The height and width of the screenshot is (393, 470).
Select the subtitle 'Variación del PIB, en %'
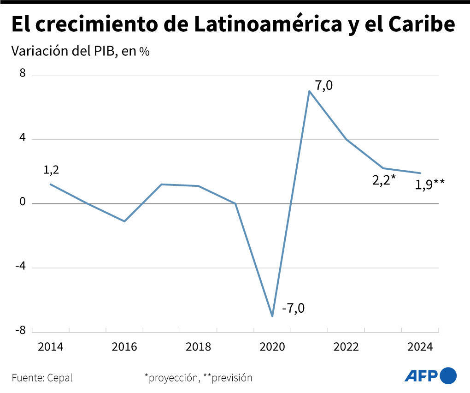pos(81,51)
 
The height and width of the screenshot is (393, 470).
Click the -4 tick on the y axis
pos(20,267)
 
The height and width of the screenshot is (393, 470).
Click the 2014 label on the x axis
pos(50,346)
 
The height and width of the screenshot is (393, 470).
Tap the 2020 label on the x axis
pos(272,346)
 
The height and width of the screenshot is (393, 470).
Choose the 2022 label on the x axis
pos(346,346)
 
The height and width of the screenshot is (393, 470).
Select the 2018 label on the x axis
pos(198,346)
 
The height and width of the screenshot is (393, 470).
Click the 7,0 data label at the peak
pos(323,85)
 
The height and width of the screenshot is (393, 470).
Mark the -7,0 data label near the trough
pos(293,307)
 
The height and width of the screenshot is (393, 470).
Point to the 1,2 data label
pos(51,170)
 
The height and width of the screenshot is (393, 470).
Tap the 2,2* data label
pos(384,180)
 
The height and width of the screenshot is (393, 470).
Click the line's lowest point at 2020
pos(272,316)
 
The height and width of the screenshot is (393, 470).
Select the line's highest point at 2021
pos(309,91)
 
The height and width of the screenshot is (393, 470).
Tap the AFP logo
pos(430,375)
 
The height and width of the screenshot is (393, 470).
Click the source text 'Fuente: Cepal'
pos(42,378)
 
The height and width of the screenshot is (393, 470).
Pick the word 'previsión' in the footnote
pos(232,378)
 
